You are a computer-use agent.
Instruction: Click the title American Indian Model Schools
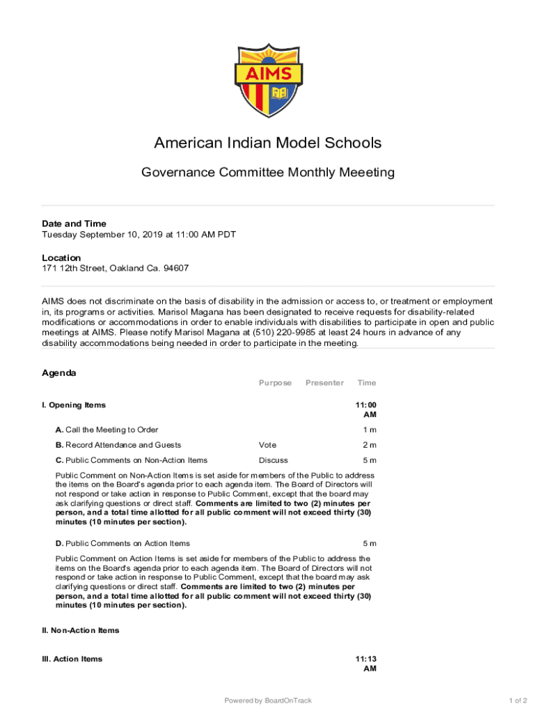[267, 143]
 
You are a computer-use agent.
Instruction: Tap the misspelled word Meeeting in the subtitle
[362, 172]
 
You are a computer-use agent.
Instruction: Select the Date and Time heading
[74, 224]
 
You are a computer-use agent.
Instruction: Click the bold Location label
[61, 258]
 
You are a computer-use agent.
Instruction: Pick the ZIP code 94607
[175, 268]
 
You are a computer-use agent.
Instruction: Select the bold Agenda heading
[59, 373]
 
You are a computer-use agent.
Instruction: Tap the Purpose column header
[275, 383]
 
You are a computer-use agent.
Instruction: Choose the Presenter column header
[324, 383]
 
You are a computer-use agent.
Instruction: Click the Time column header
[366, 383]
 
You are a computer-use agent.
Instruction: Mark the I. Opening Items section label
[74, 405]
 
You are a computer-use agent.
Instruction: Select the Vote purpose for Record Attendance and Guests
[267, 445]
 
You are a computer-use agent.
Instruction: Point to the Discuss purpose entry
[273, 460]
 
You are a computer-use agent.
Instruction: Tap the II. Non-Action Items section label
[81, 631]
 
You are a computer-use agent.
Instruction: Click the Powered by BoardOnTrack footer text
[268, 700]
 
